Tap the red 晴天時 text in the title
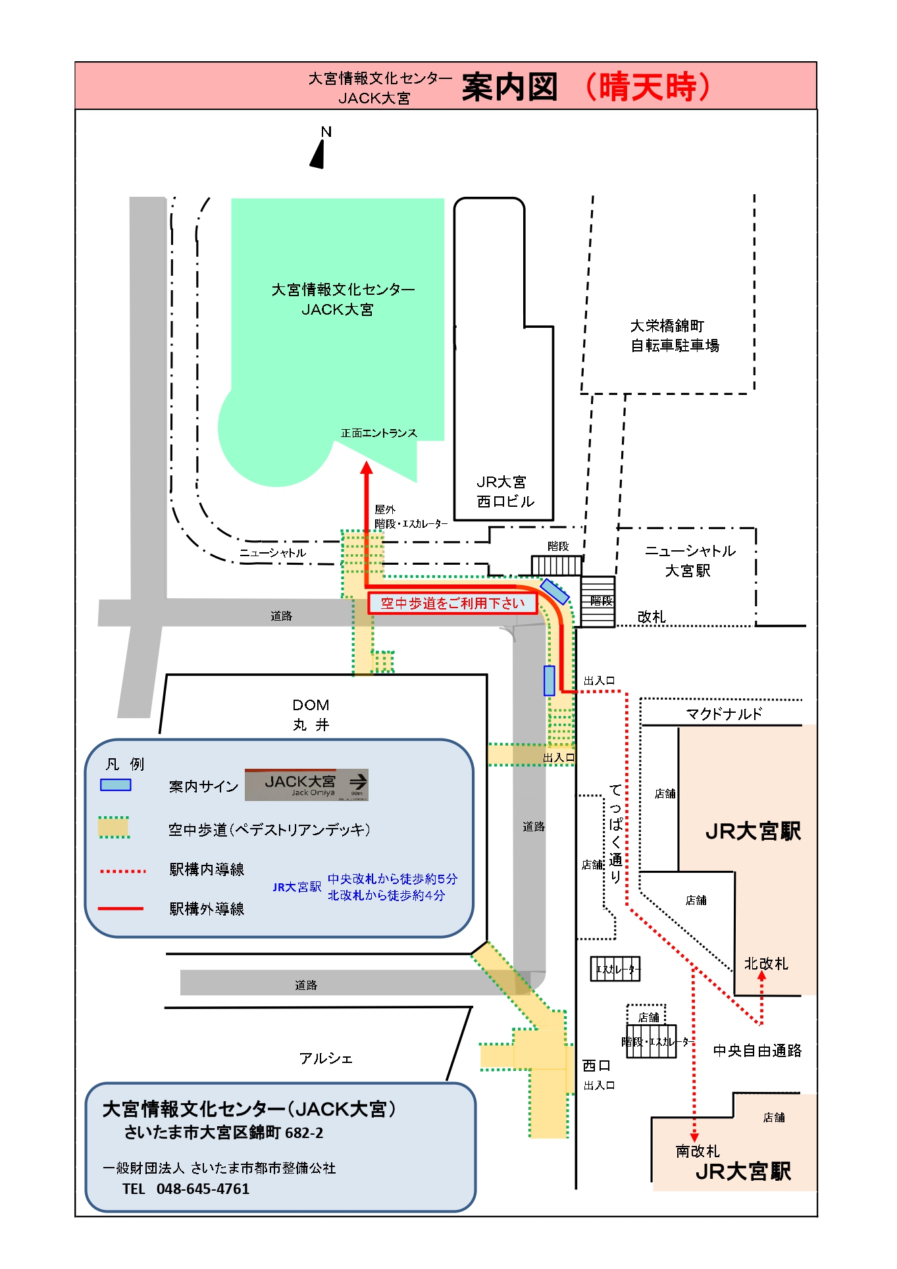(648, 87)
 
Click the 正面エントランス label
(378, 433)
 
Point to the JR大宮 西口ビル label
(505, 492)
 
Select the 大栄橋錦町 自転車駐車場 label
(675, 336)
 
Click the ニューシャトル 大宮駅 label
(689, 561)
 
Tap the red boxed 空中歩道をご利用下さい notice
(452, 603)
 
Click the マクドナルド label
(723, 713)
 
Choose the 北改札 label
(765, 964)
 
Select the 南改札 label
(698, 1151)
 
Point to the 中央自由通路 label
(757, 1050)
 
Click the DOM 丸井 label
(311, 715)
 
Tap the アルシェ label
(326, 1058)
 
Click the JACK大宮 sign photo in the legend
(306, 785)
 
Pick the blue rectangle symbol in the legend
(115, 785)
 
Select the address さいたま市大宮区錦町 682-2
(224, 1133)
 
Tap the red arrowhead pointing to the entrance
(367, 467)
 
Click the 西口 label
(596, 1066)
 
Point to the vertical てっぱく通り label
(615, 833)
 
